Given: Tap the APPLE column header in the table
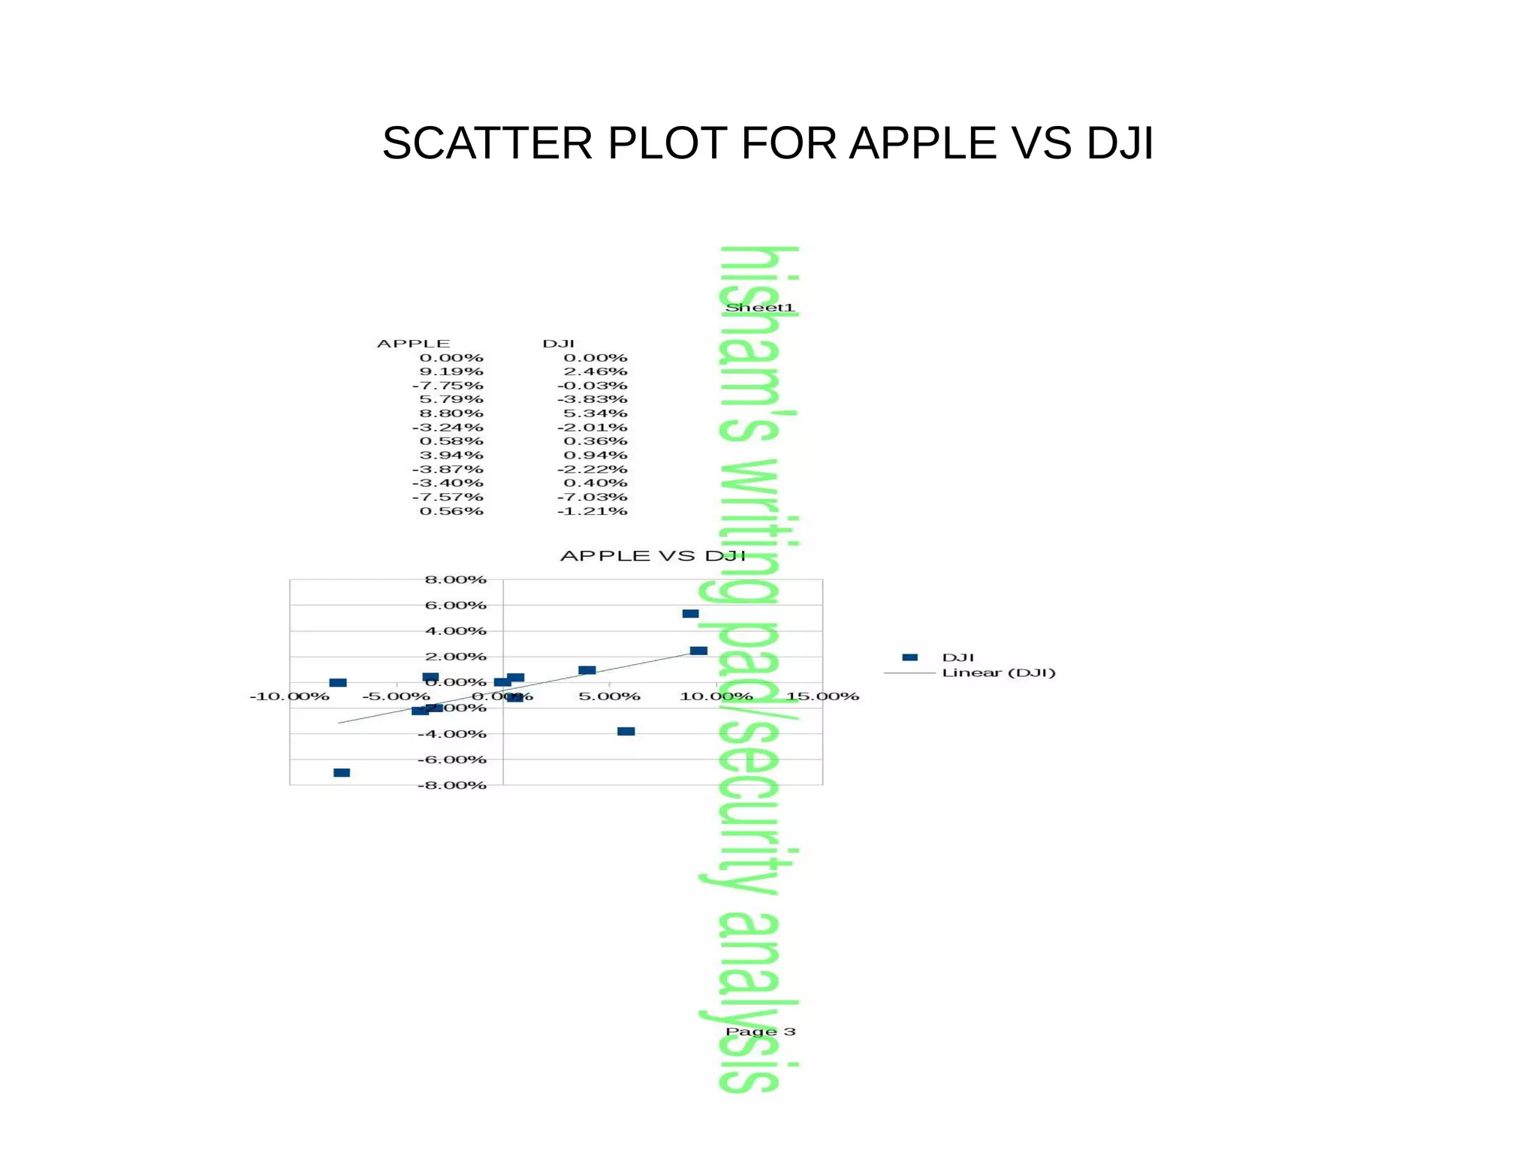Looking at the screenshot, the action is pos(413,344).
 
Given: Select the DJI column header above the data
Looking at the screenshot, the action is pos(558,344).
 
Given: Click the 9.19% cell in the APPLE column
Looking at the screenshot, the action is pos(451,371).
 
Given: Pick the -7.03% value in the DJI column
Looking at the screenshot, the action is pos(592,497).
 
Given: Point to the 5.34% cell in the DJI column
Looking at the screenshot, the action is pos(595,414).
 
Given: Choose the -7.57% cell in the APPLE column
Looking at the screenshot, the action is pos(448,497).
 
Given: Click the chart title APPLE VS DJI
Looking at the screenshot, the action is pos(653,556).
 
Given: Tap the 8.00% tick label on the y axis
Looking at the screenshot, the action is pos(455,579).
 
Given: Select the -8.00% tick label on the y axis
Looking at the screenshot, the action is pos(452,785).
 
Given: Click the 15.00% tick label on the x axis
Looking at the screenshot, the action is pos(822,696).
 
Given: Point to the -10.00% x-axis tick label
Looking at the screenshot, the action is pos(289,696).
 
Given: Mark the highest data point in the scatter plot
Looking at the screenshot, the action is pos(690,614).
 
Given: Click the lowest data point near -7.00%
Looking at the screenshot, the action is pos(342,773).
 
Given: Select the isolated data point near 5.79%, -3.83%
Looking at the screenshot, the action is pos(626,732).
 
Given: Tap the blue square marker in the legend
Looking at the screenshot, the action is pos(909,657).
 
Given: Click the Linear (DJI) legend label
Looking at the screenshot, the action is pos(999,672).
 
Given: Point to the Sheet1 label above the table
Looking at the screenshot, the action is pos(759,308).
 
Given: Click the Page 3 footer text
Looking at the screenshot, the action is pos(760,1032).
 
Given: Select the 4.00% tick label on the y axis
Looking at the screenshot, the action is pos(455,631).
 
